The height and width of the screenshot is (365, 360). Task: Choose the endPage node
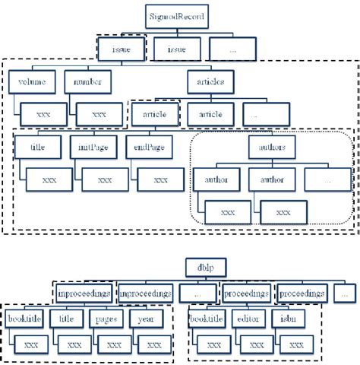(150, 147)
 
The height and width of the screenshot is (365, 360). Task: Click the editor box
(248, 319)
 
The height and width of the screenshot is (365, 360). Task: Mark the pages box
(106, 319)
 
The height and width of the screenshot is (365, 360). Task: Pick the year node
(146, 319)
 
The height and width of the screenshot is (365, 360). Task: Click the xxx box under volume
(43, 115)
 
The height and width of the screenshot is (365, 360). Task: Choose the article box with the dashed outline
(155, 115)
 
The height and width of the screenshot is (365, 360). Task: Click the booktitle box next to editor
(206, 319)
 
